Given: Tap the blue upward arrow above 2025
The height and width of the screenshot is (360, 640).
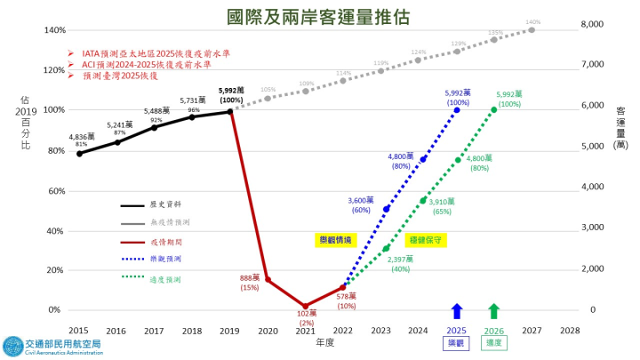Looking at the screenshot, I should (456, 311).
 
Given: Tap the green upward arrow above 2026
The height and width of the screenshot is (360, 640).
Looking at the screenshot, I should (494, 311).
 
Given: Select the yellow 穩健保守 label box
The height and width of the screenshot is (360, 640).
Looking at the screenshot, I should (425, 240).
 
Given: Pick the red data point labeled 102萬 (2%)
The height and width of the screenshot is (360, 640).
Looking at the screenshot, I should (305, 306).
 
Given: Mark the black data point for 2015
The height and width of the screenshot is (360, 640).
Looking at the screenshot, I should (79, 153).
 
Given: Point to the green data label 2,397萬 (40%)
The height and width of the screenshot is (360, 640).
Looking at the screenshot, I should (400, 264).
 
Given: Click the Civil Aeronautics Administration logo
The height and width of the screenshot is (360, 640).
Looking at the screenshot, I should (53, 346).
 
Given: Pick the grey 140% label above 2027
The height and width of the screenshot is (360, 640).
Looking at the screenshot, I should (532, 21).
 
